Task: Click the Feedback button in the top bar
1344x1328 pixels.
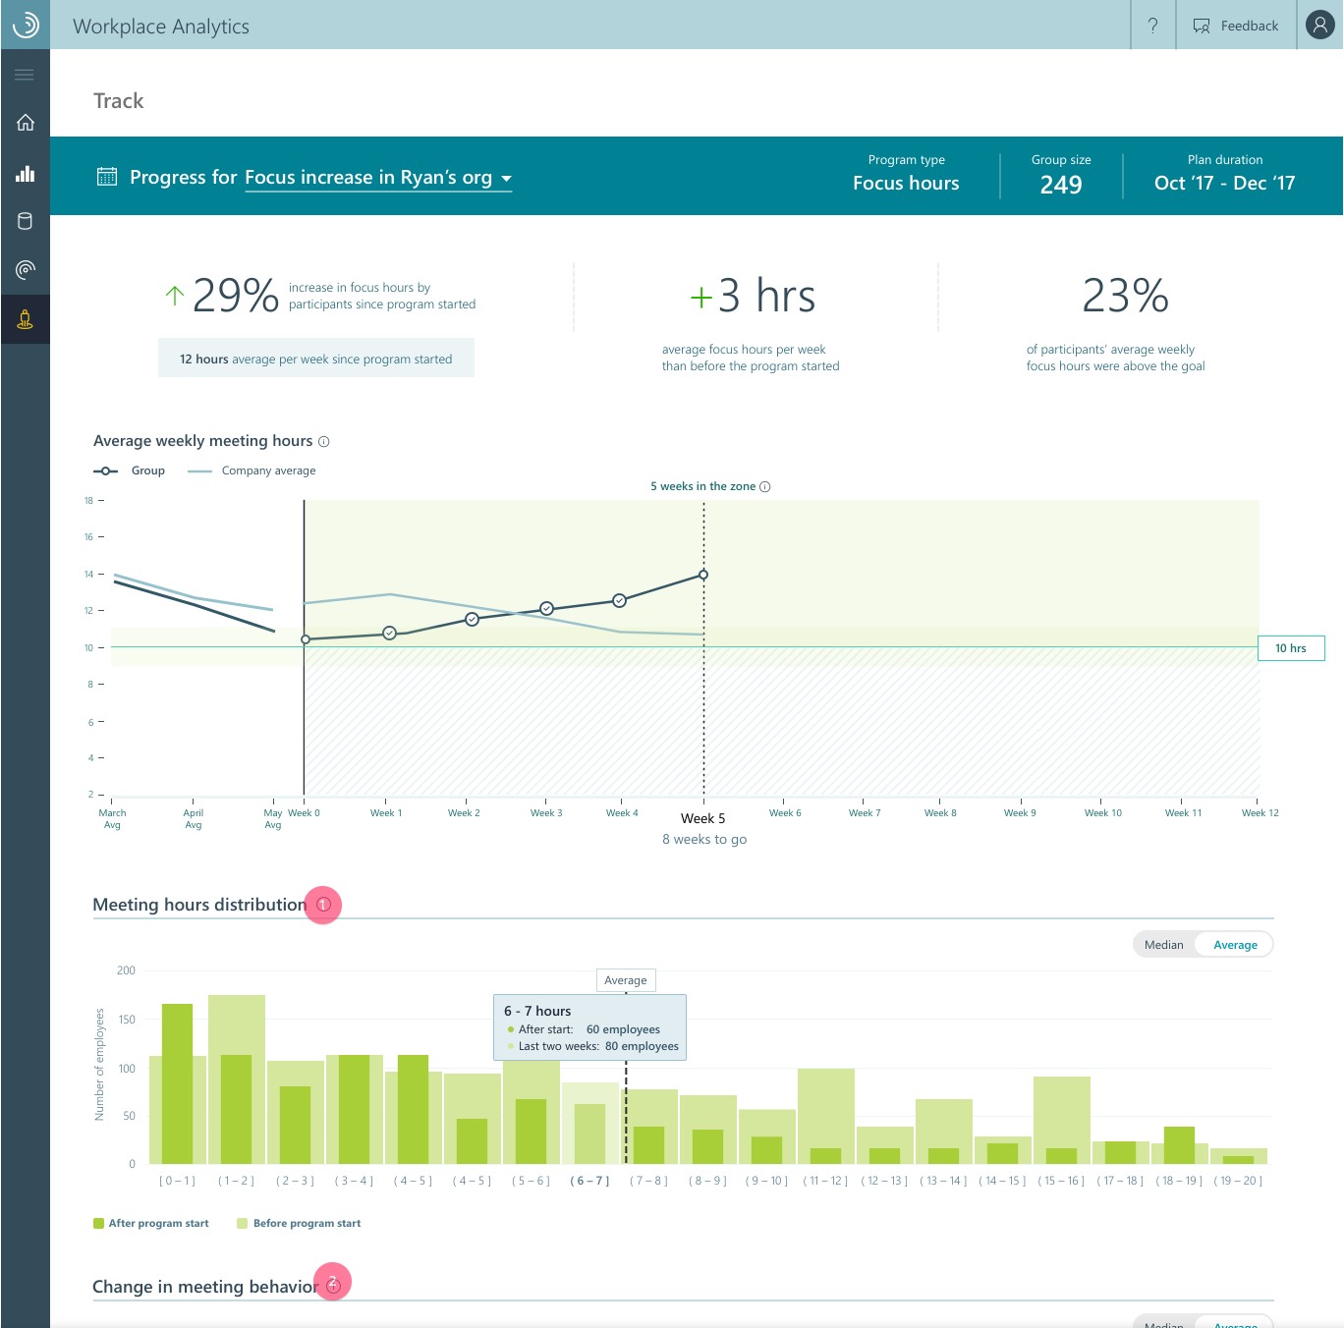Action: pyautogui.click(x=1236, y=26)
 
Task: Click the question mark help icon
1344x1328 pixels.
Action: pyautogui.click(x=1152, y=26)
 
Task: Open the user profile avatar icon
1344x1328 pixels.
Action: pyautogui.click(x=1319, y=25)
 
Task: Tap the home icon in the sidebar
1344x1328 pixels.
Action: pyautogui.click(x=26, y=123)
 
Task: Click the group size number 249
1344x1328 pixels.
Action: pyautogui.click(x=1061, y=185)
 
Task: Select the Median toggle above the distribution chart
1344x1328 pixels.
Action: pyautogui.click(x=1164, y=945)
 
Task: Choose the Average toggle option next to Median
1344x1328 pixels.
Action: pyautogui.click(x=1235, y=945)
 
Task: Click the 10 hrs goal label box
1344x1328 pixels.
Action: pyautogui.click(x=1291, y=648)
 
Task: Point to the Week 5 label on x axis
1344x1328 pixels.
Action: pyautogui.click(x=702, y=818)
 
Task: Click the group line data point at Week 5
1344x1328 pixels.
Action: pyautogui.click(x=703, y=575)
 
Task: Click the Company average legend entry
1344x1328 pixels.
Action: pyautogui.click(x=267, y=470)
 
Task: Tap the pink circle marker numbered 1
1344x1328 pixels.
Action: pyautogui.click(x=323, y=905)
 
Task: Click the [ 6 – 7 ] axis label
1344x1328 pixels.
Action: pyautogui.click(x=589, y=1181)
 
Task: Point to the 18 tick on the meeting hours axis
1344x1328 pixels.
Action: pyautogui.click(x=88, y=501)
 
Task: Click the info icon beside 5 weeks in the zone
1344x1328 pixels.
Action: pyautogui.click(x=765, y=486)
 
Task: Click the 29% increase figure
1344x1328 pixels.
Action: pyautogui.click(x=236, y=296)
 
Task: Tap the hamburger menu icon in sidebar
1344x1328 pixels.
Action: pyautogui.click(x=25, y=75)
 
